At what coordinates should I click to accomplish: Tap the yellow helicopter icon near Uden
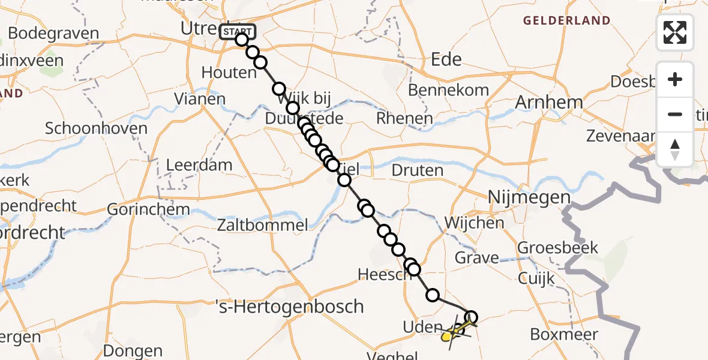point(451,334)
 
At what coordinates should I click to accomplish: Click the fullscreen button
point(675,32)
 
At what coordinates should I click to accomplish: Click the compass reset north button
point(675,150)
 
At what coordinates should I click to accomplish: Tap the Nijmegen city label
point(529,197)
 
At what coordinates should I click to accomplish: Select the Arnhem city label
point(549,102)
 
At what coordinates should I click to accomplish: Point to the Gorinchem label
point(148,210)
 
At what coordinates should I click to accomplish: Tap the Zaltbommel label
point(263,225)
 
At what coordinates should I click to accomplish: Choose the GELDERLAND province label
point(566,20)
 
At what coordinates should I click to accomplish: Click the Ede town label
point(446,59)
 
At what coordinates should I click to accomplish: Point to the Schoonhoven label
point(96,128)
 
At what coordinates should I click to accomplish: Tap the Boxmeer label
point(564,334)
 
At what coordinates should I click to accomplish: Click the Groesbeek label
point(558,247)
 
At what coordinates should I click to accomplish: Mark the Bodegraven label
point(54,33)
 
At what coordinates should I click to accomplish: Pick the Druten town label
point(417,170)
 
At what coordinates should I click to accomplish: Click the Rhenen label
point(404,118)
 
